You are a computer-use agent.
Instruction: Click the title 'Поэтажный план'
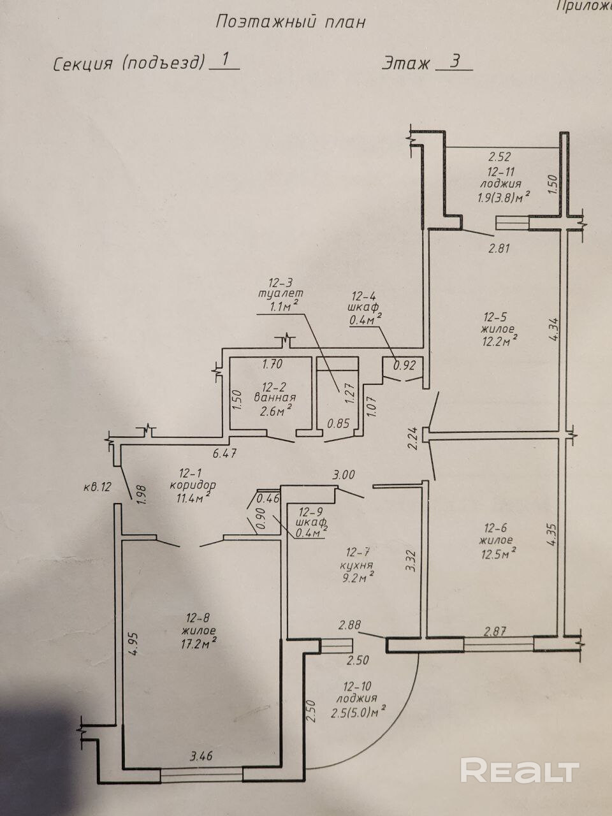(291, 22)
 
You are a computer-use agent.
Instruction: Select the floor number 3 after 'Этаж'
(455, 61)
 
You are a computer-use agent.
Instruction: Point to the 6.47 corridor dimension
(224, 453)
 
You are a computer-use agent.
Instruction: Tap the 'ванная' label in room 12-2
(275, 397)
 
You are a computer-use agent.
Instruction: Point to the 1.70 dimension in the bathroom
(272, 363)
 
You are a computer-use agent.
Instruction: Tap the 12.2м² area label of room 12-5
(500, 341)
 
